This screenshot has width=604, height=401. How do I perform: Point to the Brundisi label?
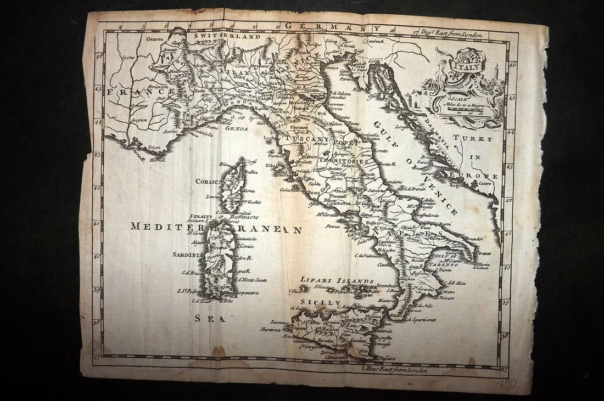tap(472, 239)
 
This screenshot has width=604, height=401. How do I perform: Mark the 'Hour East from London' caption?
tap(394, 369)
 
